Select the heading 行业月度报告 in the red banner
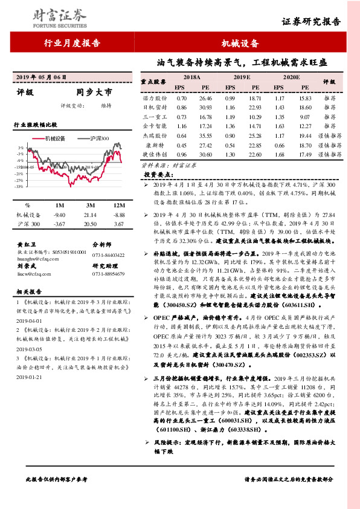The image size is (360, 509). (x=72, y=44)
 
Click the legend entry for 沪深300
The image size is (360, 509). (x=97, y=138)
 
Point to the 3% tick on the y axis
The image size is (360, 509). (x=21, y=148)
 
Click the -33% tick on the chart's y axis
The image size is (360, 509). (x=20, y=187)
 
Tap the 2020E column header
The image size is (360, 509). (x=292, y=78)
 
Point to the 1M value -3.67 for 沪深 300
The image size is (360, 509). (x=59, y=224)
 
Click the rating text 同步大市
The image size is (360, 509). (x=94, y=93)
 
